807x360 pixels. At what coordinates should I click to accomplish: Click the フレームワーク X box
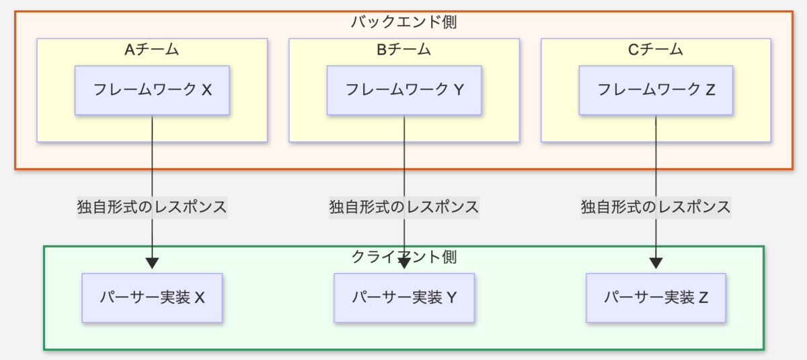[x=152, y=90]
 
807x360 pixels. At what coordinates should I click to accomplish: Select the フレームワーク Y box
[x=404, y=90]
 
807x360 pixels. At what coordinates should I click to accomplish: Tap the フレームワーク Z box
[x=656, y=90]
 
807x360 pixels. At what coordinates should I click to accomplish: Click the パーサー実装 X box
[x=152, y=297]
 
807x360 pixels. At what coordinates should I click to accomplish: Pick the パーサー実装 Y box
[x=404, y=297]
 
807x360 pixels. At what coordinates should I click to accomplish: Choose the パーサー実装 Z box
[x=656, y=297]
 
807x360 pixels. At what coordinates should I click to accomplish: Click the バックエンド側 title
[x=404, y=22]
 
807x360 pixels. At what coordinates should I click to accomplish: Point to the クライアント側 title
[x=404, y=257]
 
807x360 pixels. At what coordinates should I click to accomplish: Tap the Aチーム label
[x=152, y=49]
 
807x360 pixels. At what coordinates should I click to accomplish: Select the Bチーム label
[x=404, y=49]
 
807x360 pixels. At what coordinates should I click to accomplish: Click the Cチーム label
[x=655, y=49]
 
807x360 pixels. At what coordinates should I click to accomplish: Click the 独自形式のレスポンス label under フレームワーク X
[x=152, y=207]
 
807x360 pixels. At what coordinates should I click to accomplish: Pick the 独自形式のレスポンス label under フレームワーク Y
[x=404, y=207]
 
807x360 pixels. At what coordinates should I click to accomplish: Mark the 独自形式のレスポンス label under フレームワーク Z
[x=656, y=207]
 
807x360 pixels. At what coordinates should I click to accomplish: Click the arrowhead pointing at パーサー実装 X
[x=152, y=263]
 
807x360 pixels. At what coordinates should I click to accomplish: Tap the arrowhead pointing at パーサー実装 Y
[x=404, y=263]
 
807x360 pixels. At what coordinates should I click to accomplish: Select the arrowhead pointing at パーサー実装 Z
[x=656, y=263]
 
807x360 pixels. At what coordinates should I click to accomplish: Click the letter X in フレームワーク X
[x=206, y=90]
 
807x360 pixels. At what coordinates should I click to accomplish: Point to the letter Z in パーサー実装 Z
[x=703, y=297]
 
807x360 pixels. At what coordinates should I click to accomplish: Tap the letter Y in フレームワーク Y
[x=459, y=90]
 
